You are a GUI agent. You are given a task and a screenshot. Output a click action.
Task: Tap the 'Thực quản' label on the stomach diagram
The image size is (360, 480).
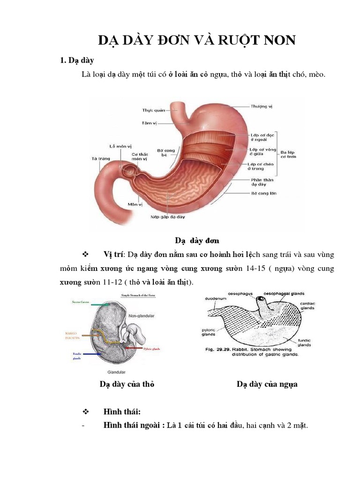tap(154, 111)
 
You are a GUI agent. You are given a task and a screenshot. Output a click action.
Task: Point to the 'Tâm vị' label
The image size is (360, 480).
tap(149, 123)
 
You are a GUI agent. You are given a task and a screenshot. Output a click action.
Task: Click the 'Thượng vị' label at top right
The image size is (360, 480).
tap(261, 106)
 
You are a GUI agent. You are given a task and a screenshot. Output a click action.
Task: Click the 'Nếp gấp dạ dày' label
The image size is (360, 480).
tap(168, 217)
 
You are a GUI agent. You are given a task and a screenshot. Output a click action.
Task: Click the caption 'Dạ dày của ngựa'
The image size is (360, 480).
tap(267, 384)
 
